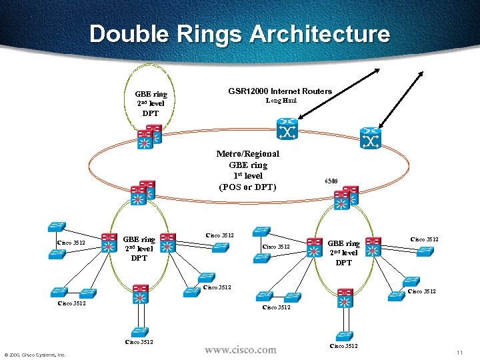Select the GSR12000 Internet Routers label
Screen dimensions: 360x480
point(280,91)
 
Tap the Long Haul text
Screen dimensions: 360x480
point(281,101)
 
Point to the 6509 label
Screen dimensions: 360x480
point(331,181)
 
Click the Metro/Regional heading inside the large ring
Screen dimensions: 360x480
point(247,153)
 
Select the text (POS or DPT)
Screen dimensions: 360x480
point(247,187)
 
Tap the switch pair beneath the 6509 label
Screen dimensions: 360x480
point(346,198)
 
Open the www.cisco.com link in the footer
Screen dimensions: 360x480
point(239,349)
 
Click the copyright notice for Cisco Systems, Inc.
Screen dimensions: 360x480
point(35,355)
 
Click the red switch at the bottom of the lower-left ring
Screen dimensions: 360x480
point(140,295)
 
